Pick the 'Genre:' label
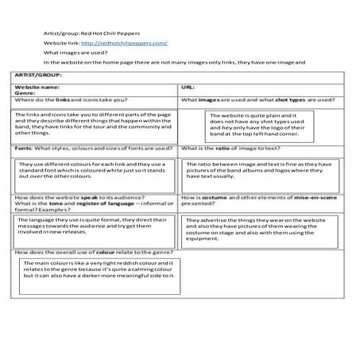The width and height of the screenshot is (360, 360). pyautogui.click(x=27, y=93)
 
